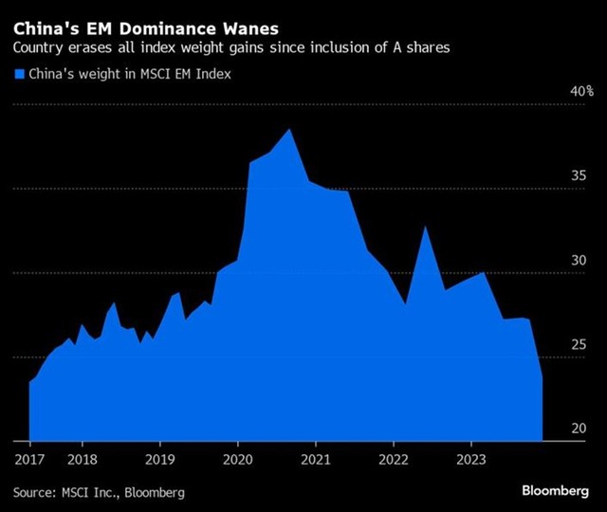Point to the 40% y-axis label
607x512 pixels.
click(580, 93)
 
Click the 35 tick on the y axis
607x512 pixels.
click(578, 177)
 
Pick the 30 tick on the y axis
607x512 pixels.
click(578, 261)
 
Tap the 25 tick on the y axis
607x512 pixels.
click(578, 345)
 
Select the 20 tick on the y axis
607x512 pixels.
click(578, 429)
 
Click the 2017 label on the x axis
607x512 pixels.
click(29, 459)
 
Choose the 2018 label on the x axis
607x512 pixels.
click(82, 459)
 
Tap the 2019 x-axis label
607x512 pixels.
click(159, 459)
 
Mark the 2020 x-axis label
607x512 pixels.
click(237, 459)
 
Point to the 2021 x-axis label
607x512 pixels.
click(315, 459)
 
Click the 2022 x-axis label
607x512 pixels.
click(393, 459)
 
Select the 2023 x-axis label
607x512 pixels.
click(470, 459)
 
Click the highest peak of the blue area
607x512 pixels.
click(289, 130)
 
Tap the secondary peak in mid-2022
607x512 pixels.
click(426, 228)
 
